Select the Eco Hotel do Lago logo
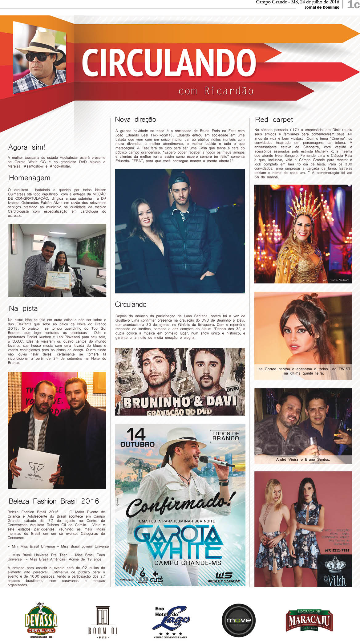tap(171, 621)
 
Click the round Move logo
tap(239, 620)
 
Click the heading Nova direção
tap(136, 120)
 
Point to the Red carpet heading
tap(274, 120)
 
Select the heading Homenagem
tap(30, 178)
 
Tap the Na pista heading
tap(23, 308)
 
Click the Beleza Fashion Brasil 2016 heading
tap(54, 501)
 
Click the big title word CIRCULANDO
tap(169, 63)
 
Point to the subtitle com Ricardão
tap(216, 91)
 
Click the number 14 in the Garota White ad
tap(136, 434)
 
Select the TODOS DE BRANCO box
tap(225, 436)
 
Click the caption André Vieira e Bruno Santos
tap(303, 459)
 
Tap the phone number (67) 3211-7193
tap(337, 550)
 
